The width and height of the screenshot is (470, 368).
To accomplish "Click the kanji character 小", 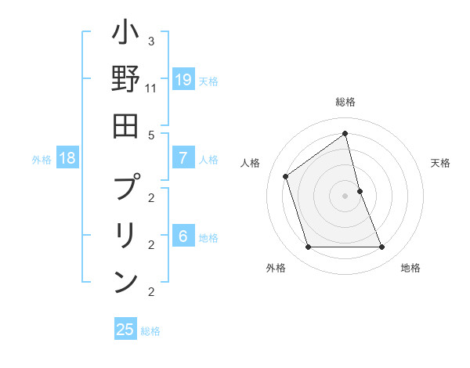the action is [125, 34].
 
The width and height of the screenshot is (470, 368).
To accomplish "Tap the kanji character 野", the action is [125, 80].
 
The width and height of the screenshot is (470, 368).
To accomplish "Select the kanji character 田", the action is [125, 126].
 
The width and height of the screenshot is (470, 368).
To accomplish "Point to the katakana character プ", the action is [125, 188].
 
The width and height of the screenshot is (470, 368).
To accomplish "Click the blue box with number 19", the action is [183, 80].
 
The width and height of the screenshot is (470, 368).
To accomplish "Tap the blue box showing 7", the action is [183, 158].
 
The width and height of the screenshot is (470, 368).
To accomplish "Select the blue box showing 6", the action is [183, 236].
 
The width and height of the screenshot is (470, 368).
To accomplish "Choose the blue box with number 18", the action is [67, 158].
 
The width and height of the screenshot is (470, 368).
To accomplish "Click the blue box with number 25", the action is [125, 330].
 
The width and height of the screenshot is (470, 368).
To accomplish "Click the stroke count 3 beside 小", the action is [151, 41].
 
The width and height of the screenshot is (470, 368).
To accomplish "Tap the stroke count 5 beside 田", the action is [151, 135].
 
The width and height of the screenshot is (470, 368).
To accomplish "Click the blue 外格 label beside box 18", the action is [42, 160].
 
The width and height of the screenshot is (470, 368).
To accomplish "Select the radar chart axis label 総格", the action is [345, 102].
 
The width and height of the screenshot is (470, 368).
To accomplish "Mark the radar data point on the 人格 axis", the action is [286, 176].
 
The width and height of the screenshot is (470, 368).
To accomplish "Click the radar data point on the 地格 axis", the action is [382, 247].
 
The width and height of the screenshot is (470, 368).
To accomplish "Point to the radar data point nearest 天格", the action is [360, 191].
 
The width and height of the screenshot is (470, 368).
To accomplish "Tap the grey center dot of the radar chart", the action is [345, 196].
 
